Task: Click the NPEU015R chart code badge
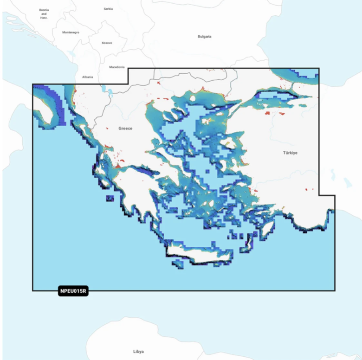73,291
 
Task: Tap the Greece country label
125,129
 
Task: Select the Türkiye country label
290,153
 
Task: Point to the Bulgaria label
205,36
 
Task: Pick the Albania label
87,77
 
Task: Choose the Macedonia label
117,67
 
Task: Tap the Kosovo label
107,43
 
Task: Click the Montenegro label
71,32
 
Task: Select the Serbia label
108,9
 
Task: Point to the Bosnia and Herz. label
44,13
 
